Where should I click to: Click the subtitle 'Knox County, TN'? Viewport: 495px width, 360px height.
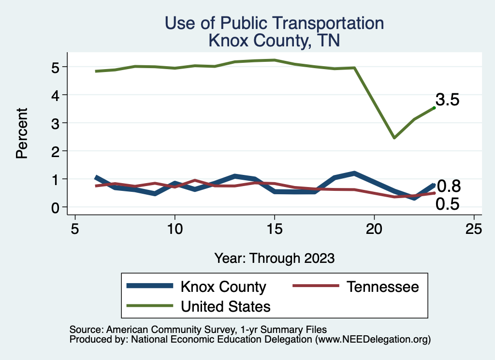(274, 40)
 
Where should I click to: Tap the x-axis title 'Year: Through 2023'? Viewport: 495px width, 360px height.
(274, 258)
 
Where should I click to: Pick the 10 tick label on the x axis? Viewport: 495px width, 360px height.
(175, 229)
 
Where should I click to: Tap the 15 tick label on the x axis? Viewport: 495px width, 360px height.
(274, 229)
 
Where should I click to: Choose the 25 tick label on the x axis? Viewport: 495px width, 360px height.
(474, 229)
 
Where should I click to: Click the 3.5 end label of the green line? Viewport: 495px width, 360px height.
(447, 100)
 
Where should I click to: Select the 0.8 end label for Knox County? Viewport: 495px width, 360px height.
(449, 186)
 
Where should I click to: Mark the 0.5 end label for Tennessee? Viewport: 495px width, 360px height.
(447, 204)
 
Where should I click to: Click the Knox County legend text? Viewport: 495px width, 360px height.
(223, 287)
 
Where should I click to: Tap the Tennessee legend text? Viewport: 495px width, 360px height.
(382, 287)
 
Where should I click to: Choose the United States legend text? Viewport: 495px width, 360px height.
(225, 306)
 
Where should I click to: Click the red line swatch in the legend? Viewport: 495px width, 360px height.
(315, 286)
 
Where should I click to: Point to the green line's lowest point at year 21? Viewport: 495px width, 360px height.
(394, 138)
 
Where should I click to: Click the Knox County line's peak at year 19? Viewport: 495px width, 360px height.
(354, 173)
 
